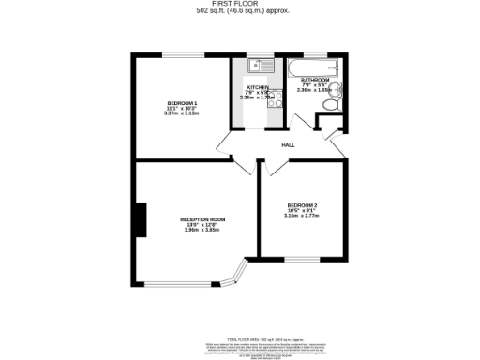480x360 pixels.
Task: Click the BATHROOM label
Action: click(x=316, y=80)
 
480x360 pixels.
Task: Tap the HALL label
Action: click(x=288, y=145)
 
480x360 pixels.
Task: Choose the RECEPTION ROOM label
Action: click(x=203, y=219)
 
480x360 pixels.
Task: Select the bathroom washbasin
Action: click(x=336, y=90)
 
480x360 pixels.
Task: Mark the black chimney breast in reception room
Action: click(x=141, y=221)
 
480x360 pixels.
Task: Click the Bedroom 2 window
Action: click(x=301, y=257)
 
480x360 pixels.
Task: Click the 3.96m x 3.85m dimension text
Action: click(x=203, y=231)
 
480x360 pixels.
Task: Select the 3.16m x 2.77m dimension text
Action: click(x=303, y=216)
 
